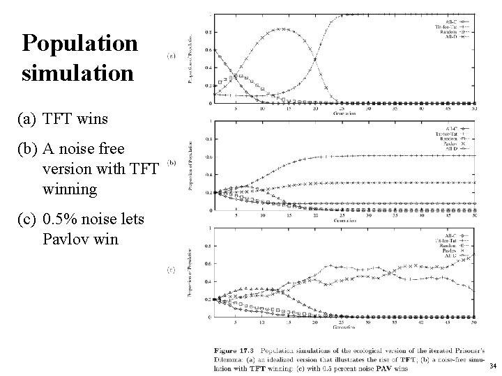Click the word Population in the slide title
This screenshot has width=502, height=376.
(79, 45)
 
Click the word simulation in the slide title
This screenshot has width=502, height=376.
(77, 72)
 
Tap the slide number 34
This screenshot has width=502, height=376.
(493, 366)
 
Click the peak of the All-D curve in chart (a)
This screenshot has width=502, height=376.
(280, 29)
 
